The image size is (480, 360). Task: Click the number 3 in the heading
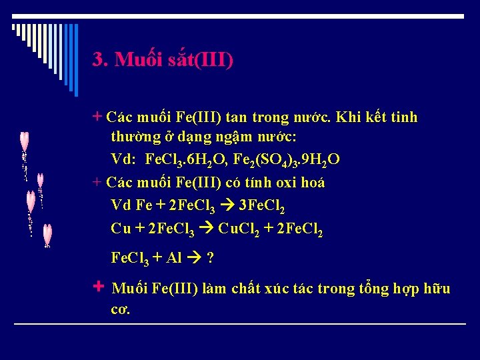98,60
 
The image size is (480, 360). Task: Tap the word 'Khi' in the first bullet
348,118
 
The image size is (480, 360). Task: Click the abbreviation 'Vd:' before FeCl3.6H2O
123,159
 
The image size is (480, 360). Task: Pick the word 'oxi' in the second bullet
275,182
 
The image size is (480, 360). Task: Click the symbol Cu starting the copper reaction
121,228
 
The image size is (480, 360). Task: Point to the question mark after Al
211,258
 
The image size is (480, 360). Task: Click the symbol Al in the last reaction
174,257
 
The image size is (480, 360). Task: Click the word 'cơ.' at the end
121,310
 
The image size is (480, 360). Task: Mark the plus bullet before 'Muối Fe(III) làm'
99,287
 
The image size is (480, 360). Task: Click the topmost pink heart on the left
25,141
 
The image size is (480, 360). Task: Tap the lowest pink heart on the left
47,234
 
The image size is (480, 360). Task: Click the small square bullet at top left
14,27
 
